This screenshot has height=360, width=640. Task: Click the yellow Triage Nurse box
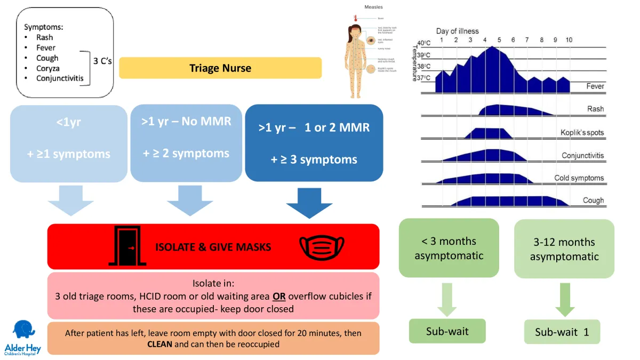pyautogui.click(x=220, y=68)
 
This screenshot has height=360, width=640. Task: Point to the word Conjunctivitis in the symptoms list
pyautogui.click(x=60, y=78)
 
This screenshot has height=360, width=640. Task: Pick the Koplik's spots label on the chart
pyautogui.click(x=582, y=132)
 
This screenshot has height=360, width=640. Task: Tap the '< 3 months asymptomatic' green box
pyautogui.click(x=449, y=249)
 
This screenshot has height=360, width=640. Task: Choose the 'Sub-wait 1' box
pyautogui.click(x=562, y=332)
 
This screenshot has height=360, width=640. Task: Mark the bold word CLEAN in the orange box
pyautogui.click(x=160, y=344)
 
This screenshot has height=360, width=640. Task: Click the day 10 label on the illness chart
pyautogui.click(x=569, y=40)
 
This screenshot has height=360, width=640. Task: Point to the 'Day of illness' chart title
pyautogui.click(x=457, y=31)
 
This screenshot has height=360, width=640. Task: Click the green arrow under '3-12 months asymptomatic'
pyautogui.click(x=564, y=300)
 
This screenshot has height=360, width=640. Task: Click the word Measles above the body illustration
pyautogui.click(x=373, y=7)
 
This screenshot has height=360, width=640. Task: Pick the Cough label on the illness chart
pyautogui.click(x=593, y=201)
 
